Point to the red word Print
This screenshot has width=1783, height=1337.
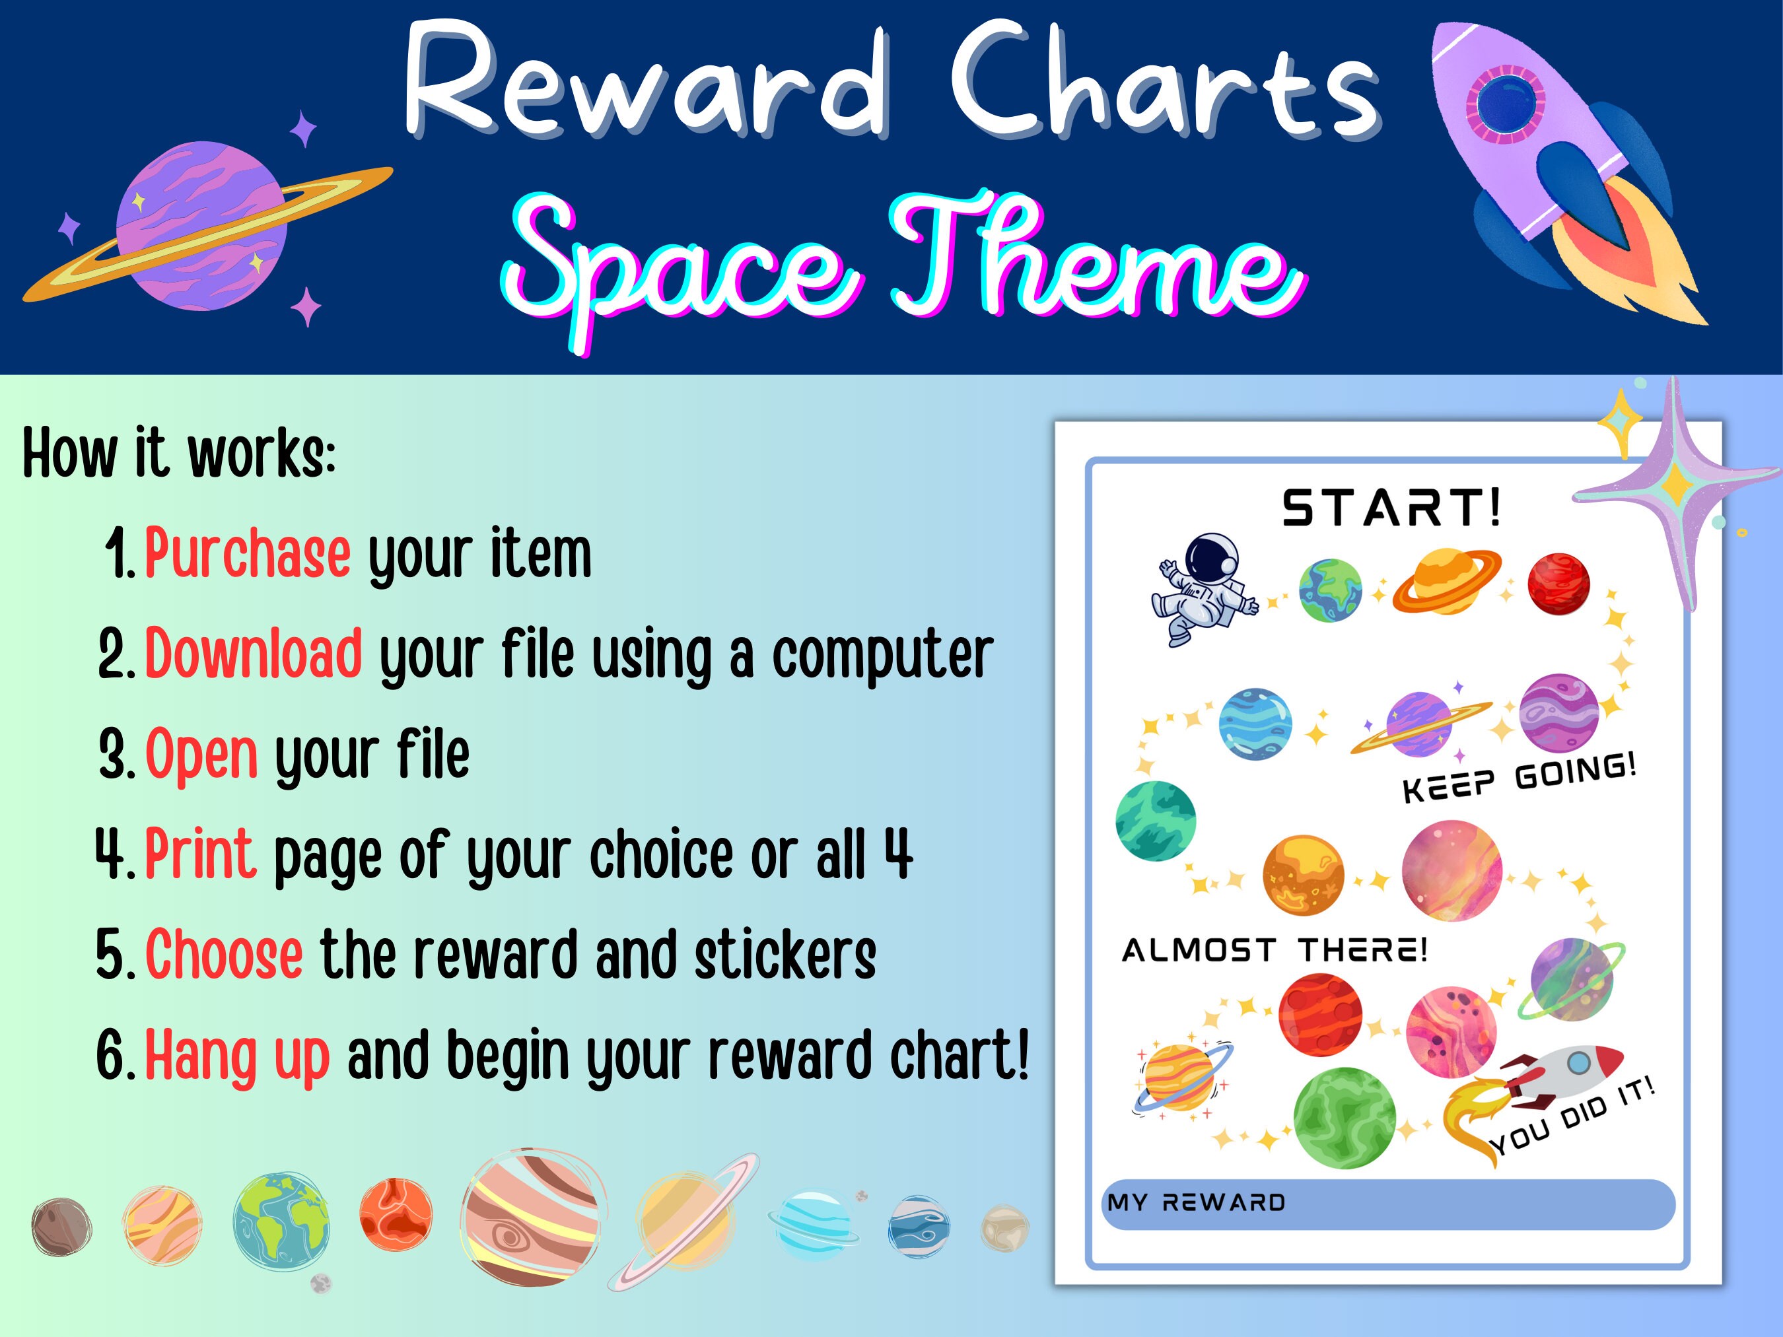201,854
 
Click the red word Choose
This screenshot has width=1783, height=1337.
224,954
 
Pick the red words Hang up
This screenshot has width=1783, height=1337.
237,1055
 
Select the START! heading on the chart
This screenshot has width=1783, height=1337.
1392,508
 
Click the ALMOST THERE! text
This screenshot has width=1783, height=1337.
1275,950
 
